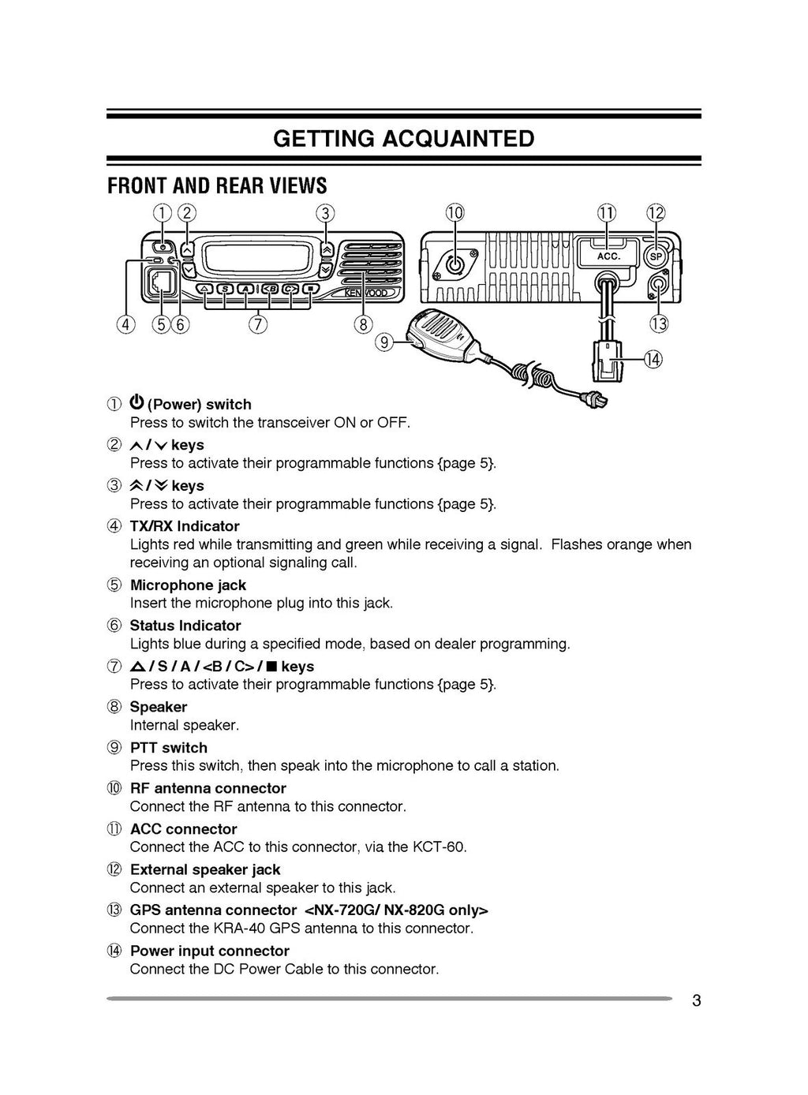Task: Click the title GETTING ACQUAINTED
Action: (x=403, y=139)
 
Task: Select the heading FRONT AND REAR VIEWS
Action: (x=217, y=186)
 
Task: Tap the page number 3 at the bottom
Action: (x=696, y=1001)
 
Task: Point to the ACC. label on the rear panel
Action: (x=608, y=256)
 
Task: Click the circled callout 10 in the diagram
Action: (x=455, y=213)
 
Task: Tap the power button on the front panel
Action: (x=162, y=247)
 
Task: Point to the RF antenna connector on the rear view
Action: (x=455, y=263)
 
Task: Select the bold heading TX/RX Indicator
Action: (x=185, y=526)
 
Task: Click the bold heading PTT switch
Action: (x=169, y=748)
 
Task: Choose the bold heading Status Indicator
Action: (x=185, y=626)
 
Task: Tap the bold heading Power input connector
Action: (x=210, y=951)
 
